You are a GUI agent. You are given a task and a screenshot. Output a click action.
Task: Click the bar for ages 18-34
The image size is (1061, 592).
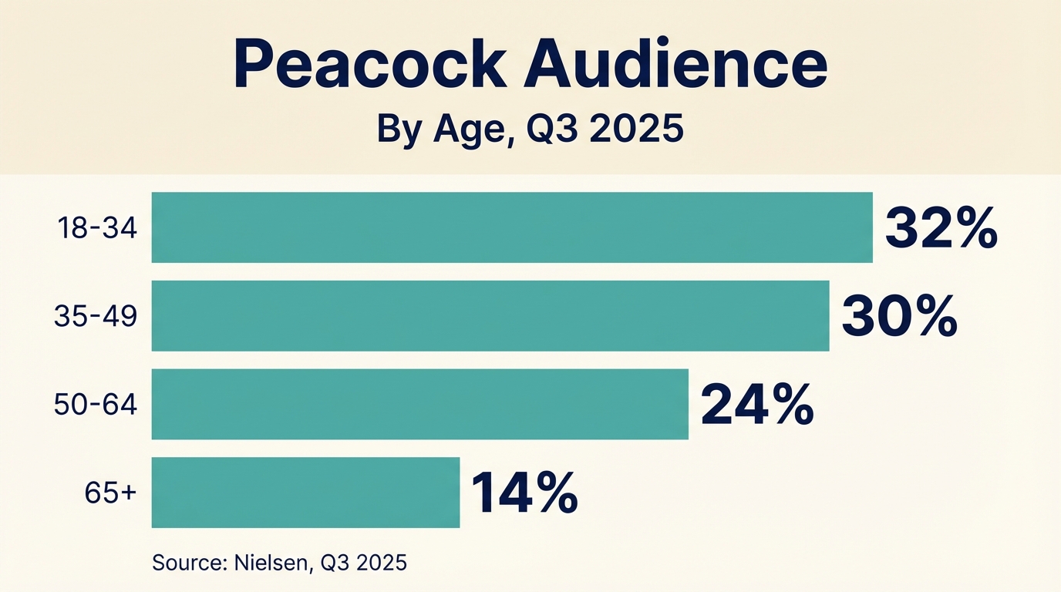[512, 227]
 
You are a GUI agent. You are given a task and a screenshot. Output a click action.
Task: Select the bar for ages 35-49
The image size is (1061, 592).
[490, 316]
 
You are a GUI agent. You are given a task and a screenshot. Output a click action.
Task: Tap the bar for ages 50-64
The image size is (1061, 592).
[419, 404]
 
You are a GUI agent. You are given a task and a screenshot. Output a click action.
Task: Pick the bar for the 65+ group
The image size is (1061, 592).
[305, 493]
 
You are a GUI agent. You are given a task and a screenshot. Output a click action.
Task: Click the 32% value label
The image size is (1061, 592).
[941, 229]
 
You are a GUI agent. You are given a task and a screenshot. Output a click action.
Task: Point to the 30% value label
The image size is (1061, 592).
[899, 317]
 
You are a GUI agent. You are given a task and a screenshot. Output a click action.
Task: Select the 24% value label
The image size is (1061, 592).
[756, 405]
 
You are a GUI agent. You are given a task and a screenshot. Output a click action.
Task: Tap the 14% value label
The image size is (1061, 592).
[524, 493]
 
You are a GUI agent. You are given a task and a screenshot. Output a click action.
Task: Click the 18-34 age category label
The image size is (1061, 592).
[96, 228]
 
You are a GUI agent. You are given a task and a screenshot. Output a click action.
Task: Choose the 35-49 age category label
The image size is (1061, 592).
[96, 317]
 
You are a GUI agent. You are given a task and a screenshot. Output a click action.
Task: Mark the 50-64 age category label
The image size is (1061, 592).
[96, 405]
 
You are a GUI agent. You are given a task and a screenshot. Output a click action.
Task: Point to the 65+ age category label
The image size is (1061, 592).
[111, 493]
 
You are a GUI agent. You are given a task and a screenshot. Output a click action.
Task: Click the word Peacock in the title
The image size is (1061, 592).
[370, 67]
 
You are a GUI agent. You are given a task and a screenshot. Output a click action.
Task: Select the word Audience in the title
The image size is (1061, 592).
[675, 67]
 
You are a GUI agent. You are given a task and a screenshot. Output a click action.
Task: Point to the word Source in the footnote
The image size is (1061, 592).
[187, 563]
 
